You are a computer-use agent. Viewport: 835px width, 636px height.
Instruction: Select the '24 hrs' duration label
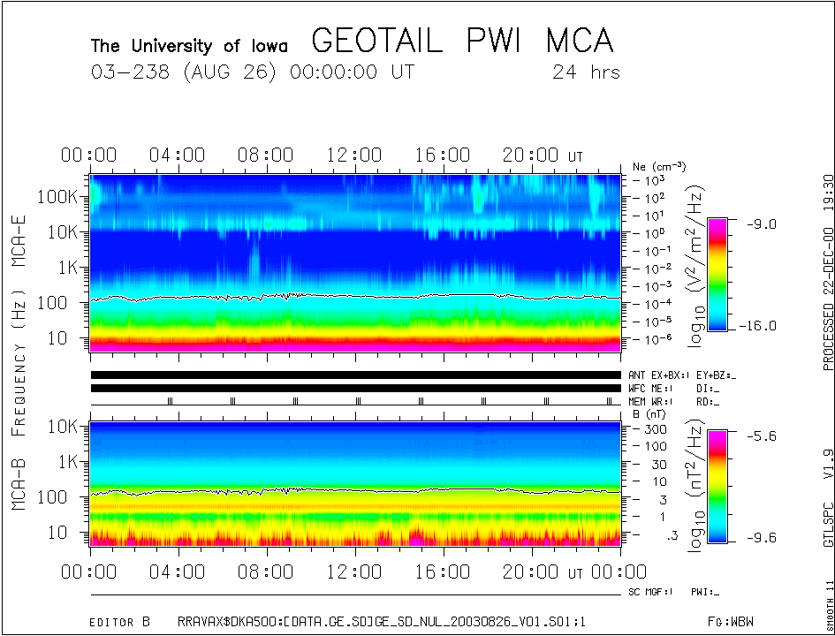coord(585,72)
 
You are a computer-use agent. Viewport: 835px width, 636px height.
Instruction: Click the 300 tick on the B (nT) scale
coord(655,428)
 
